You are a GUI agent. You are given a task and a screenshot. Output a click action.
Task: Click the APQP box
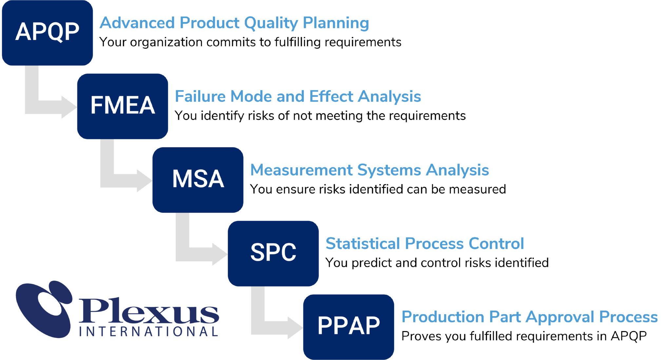[47, 32]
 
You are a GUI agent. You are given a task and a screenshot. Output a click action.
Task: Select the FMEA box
[123, 106]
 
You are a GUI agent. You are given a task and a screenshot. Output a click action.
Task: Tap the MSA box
[198, 179]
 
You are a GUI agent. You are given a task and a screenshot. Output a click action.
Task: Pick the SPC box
[273, 253]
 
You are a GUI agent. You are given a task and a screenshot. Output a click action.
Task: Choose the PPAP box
[349, 326]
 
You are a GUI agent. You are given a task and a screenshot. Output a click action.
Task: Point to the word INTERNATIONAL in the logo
[149, 331]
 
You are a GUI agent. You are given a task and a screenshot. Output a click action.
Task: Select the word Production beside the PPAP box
[443, 317]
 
